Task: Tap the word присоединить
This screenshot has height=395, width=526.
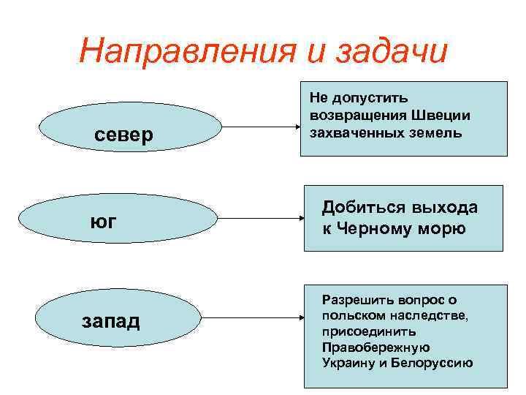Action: pos(363,331)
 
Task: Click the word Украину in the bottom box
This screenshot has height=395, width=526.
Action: pos(346,363)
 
